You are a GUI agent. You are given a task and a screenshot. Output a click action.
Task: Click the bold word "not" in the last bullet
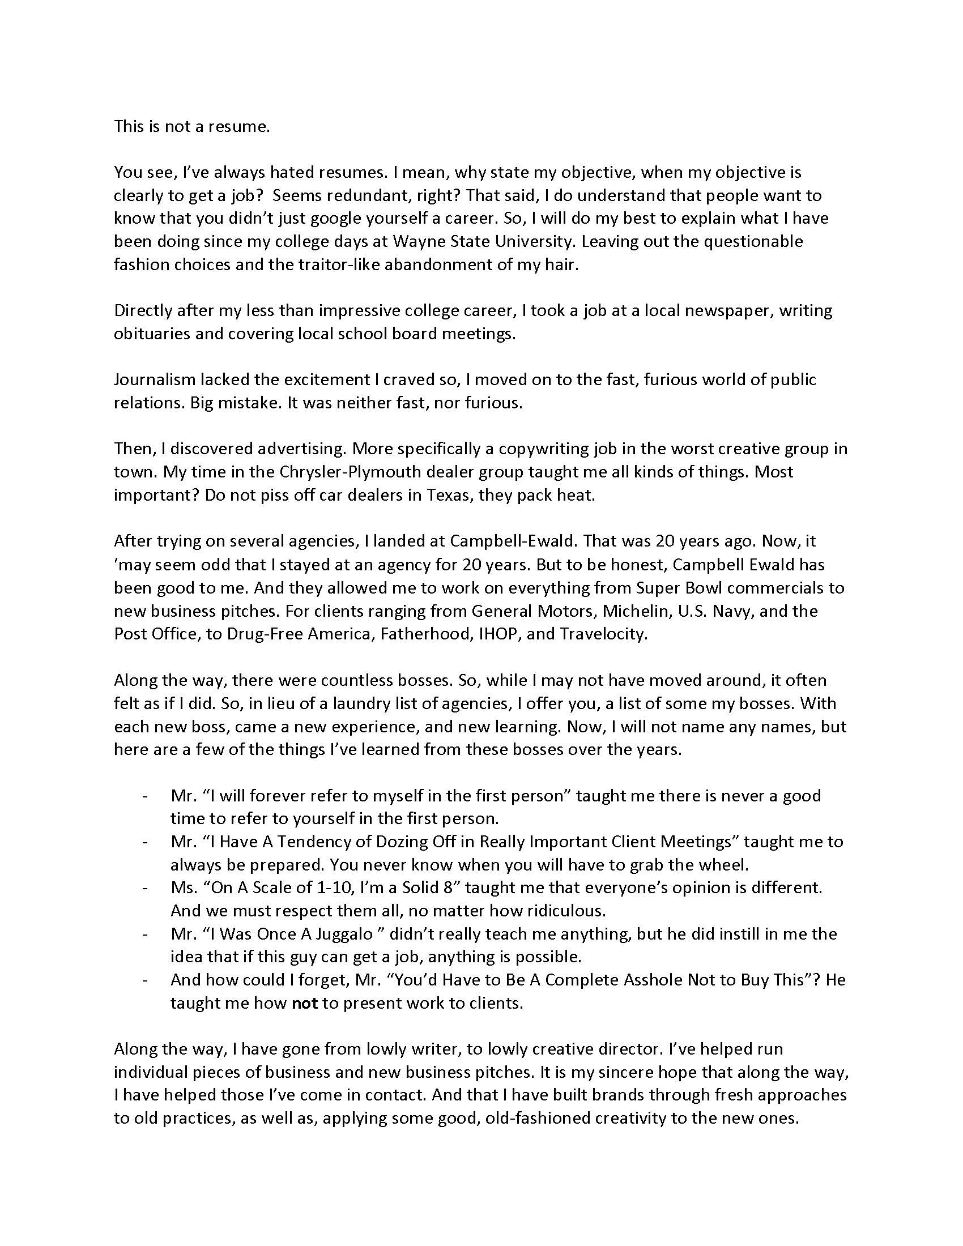coord(305,1003)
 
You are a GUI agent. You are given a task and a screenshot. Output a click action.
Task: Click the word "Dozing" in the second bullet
coord(416,842)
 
